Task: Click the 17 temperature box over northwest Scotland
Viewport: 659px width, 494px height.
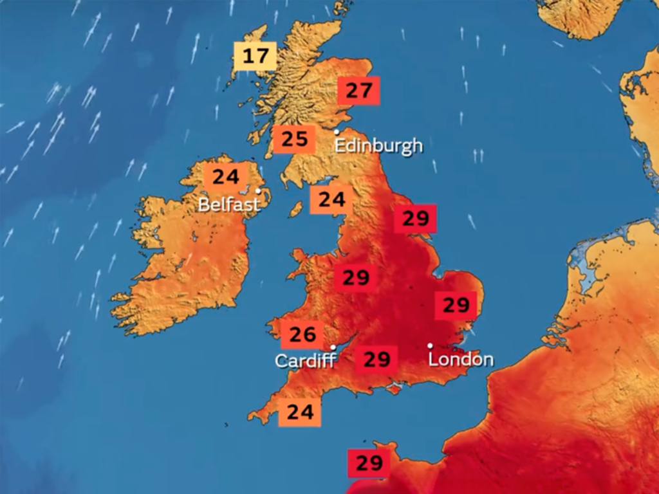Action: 255,56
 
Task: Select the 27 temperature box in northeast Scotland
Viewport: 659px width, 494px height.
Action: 359,91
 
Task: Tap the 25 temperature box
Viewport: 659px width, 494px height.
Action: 294,139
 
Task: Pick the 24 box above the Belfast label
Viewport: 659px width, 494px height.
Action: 225,176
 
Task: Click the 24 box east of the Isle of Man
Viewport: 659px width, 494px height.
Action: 331,199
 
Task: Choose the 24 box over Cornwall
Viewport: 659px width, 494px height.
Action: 299,412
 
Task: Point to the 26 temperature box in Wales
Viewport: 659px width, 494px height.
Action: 302,334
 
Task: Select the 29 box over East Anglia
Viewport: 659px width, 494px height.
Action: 456,304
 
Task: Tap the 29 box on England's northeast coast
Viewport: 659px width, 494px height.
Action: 415,219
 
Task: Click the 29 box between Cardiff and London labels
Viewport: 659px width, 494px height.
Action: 376,359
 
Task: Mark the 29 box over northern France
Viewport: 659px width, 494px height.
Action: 369,462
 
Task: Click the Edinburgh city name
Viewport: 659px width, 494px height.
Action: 378,145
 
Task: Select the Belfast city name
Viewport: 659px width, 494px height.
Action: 229,205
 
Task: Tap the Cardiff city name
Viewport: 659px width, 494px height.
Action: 305,360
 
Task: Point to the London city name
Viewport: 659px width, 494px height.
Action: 461,359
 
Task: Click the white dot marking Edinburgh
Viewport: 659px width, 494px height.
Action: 336,132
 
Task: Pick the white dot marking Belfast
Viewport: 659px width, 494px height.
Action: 258,190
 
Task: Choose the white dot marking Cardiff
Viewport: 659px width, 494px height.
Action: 333,347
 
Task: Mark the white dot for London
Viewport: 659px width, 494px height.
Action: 431,345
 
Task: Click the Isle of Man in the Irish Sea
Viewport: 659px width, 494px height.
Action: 296,209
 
